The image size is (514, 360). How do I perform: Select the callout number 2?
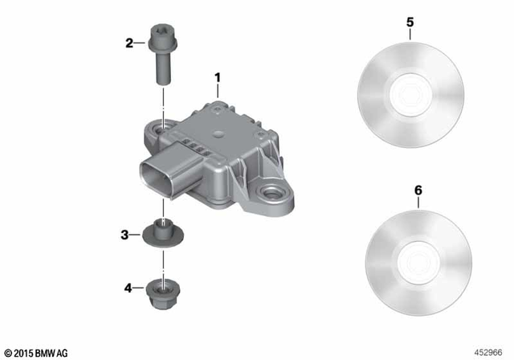pyautogui.click(x=128, y=43)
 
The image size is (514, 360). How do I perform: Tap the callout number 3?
pyautogui.click(x=124, y=235)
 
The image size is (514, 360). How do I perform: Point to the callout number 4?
pyautogui.click(x=128, y=286)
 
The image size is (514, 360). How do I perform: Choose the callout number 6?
pyautogui.click(x=417, y=191)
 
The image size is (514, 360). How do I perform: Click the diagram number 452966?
pyautogui.click(x=491, y=352)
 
